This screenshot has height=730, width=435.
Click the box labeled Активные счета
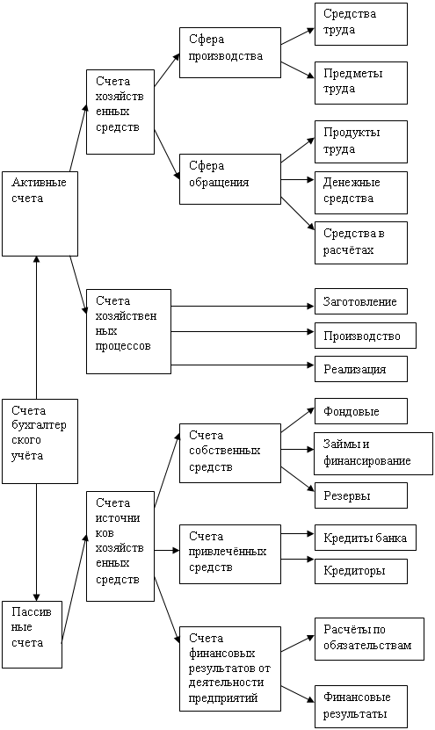(x=40, y=213)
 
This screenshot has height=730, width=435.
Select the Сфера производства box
(x=230, y=53)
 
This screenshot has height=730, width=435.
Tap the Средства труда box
(x=361, y=25)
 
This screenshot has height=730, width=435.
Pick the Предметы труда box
(x=361, y=83)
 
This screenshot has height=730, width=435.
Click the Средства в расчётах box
(x=361, y=243)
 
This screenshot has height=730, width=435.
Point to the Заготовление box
(x=361, y=301)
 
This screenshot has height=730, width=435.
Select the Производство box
(x=366, y=336)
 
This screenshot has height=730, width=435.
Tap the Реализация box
(x=361, y=369)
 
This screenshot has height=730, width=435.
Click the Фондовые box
(x=361, y=411)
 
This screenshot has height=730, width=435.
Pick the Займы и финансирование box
(x=373, y=453)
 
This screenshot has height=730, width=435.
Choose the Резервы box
(x=361, y=495)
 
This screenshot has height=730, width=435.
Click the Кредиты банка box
(x=366, y=538)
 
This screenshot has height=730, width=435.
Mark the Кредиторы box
(x=361, y=571)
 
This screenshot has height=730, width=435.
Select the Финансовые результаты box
(x=361, y=706)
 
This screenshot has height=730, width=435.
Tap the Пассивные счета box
(x=32, y=634)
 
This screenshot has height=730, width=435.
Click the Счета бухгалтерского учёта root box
(x=40, y=441)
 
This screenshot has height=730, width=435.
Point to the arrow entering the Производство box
(x=243, y=331)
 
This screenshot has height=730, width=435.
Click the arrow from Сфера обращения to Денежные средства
(x=298, y=180)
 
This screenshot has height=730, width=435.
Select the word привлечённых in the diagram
(x=228, y=552)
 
